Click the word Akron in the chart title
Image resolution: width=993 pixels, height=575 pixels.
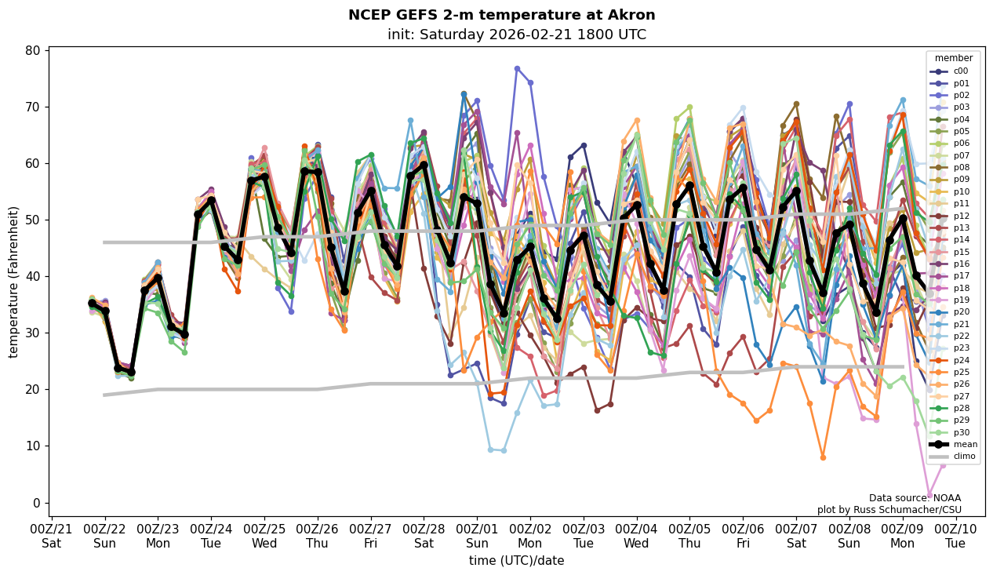(x=631, y=15)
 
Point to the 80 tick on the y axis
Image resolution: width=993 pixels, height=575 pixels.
(x=35, y=51)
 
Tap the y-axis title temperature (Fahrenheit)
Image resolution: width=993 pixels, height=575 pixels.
(x=13, y=282)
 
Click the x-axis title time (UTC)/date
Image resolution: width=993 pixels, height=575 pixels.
(x=516, y=560)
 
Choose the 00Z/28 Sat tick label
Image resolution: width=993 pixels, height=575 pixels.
(x=424, y=536)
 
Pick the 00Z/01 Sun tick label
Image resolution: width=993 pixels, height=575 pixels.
(x=477, y=536)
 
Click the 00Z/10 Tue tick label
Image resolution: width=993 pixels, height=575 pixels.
(x=955, y=536)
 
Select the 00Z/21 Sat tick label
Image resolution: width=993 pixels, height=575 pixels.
(x=52, y=536)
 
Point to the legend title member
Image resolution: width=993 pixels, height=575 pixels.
(x=953, y=58)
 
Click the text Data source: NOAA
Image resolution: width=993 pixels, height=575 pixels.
(x=915, y=498)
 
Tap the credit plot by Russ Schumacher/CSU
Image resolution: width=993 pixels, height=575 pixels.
(x=889, y=510)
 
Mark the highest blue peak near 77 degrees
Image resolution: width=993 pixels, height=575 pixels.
(x=517, y=69)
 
